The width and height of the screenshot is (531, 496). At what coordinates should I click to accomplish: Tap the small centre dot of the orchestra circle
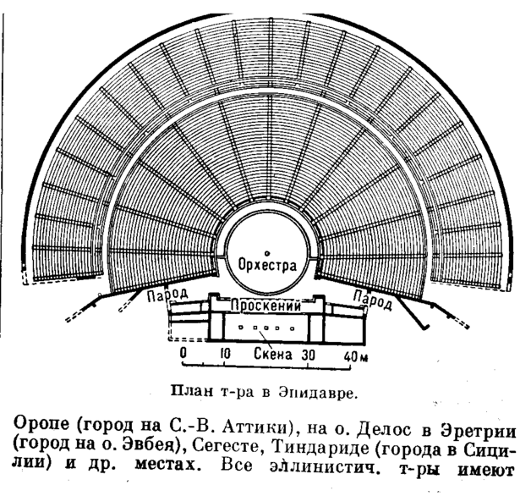click(x=266, y=252)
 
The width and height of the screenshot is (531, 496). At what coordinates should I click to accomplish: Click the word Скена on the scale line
click(x=272, y=356)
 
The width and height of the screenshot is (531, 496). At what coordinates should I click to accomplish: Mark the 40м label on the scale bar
click(x=356, y=356)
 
